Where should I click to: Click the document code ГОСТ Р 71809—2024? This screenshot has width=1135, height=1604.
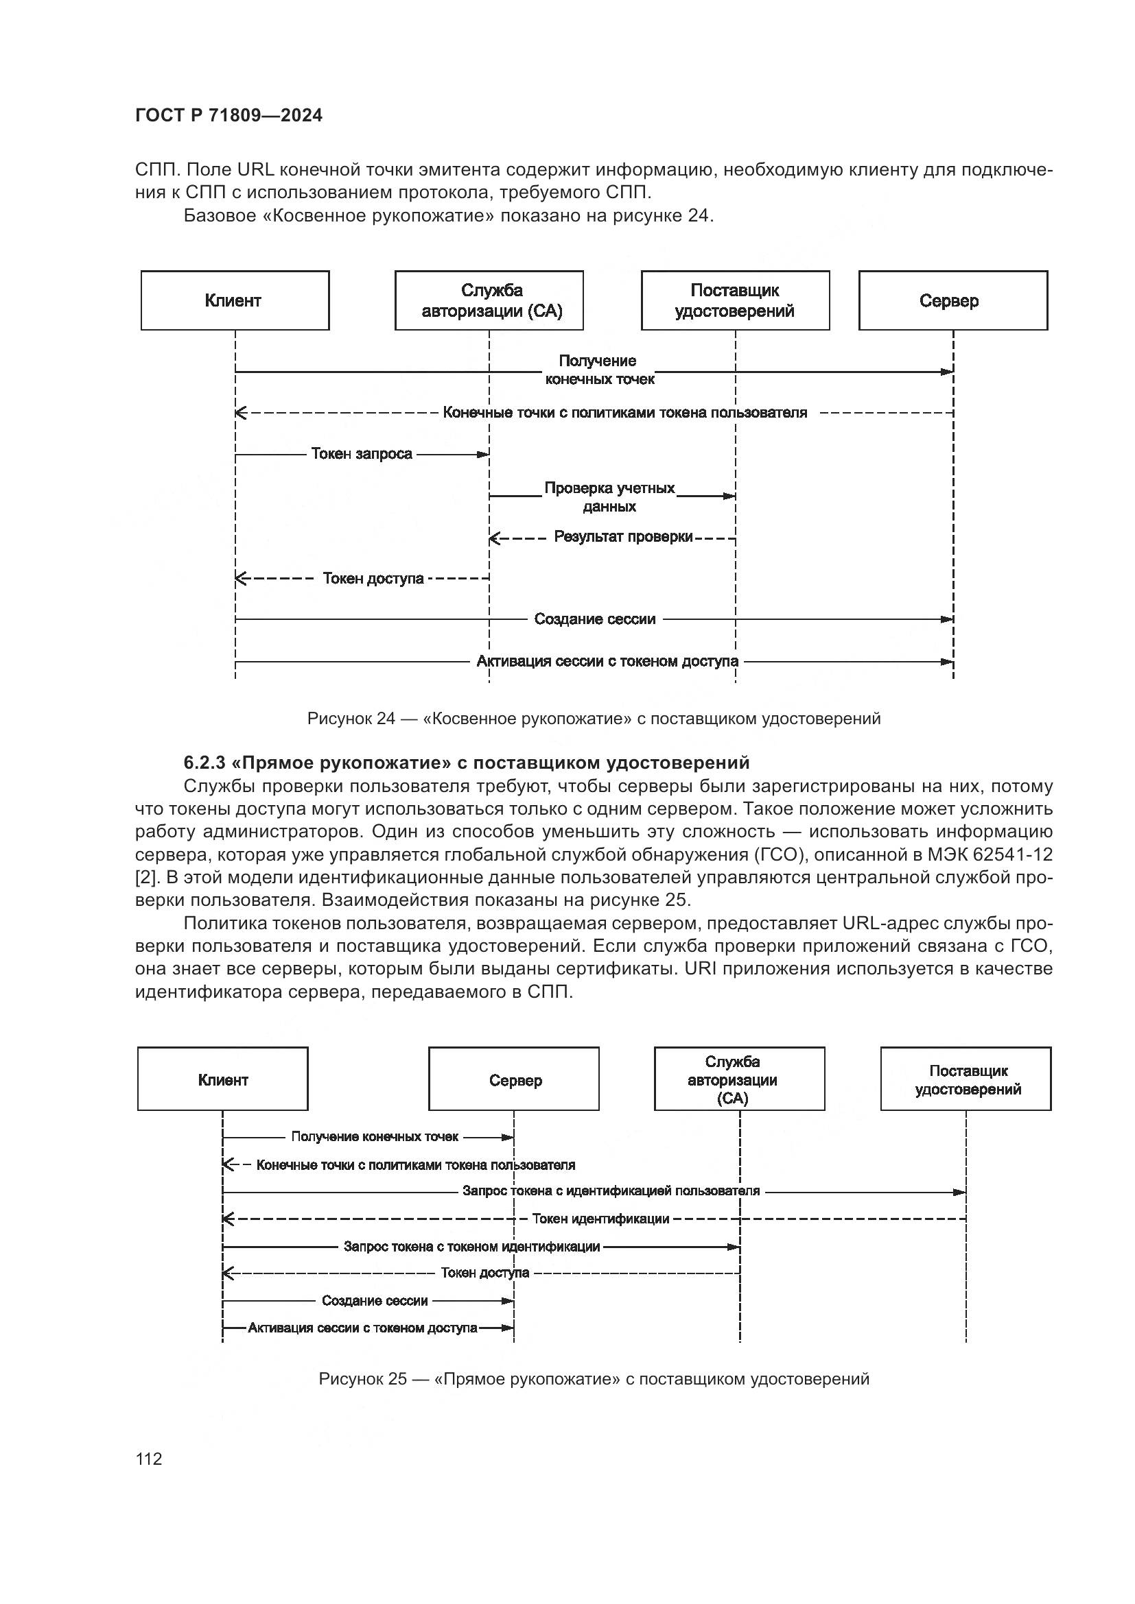pyautogui.click(x=229, y=116)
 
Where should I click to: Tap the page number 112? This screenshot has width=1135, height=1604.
pyautogui.click(x=149, y=1459)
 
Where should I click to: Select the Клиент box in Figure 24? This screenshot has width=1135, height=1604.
pyautogui.click(x=235, y=300)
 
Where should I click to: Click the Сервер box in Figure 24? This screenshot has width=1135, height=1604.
pyautogui.click(x=952, y=300)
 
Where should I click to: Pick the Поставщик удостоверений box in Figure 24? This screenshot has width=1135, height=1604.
pyautogui.click(x=735, y=300)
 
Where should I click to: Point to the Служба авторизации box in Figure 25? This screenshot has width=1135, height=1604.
pyautogui.click(x=740, y=1079)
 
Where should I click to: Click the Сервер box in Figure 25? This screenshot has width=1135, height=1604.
pyautogui.click(x=514, y=1079)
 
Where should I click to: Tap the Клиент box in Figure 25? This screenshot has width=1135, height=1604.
pyautogui.click(x=222, y=1079)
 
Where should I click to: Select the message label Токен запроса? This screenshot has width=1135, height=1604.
pyautogui.click(x=362, y=454)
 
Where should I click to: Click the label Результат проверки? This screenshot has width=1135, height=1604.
pyautogui.click(x=623, y=536)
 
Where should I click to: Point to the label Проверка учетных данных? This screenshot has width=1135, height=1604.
pyautogui.click(x=609, y=496)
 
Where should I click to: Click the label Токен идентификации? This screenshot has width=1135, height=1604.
pyautogui.click(x=600, y=1219)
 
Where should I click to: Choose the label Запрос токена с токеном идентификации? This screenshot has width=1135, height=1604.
pyautogui.click(x=471, y=1247)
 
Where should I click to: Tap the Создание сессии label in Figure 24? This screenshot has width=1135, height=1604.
pyautogui.click(x=595, y=619)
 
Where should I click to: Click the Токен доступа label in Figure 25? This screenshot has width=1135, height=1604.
pyautogui.click(x=485, y=1273)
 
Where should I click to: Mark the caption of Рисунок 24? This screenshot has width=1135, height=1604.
pyautogui.click(x=594, y=718)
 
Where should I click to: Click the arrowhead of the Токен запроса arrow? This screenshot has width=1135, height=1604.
pyautogui.click(x=483, y=455)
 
